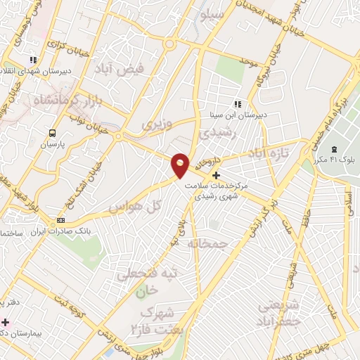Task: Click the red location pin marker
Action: tap(180, 165)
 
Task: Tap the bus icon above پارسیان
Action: tap(52, 133)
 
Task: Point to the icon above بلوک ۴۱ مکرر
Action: tap(333, 149)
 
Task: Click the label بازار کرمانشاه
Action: tap(58, 100)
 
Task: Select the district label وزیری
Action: tap(156, 125)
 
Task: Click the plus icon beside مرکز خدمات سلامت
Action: tap(216, 174)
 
